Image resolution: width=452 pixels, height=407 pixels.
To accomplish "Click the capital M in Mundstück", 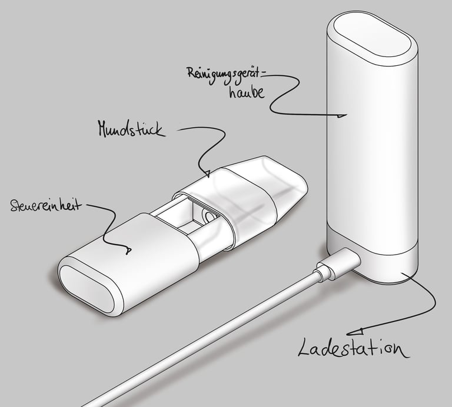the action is (104, 129).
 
